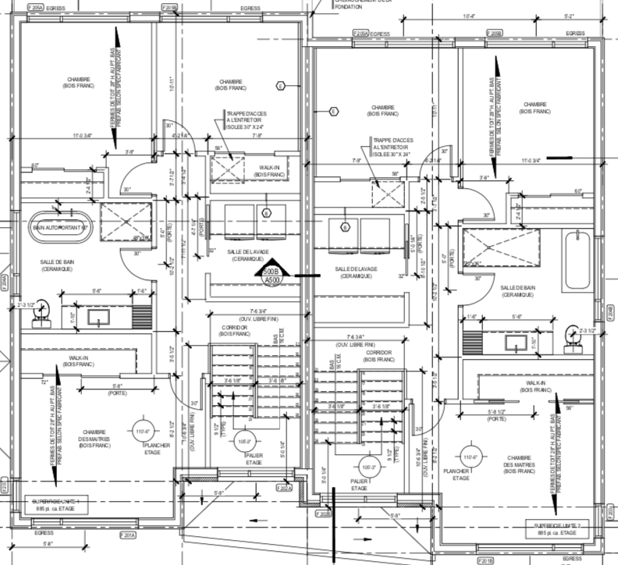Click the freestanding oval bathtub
(x=61, y=227)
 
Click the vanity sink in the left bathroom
(x=100, y=315)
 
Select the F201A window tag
(x=126, y=536)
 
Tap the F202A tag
(x=282, y=489)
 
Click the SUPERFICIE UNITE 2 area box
(x=558, y=530)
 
